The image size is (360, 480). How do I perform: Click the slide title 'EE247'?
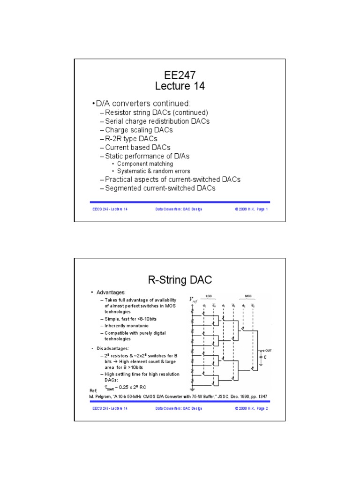coord(180,74)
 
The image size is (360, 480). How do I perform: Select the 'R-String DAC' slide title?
coord(180,280)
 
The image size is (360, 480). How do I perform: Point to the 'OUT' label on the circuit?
coord(269,350)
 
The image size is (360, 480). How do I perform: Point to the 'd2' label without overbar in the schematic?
coord(244,306)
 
